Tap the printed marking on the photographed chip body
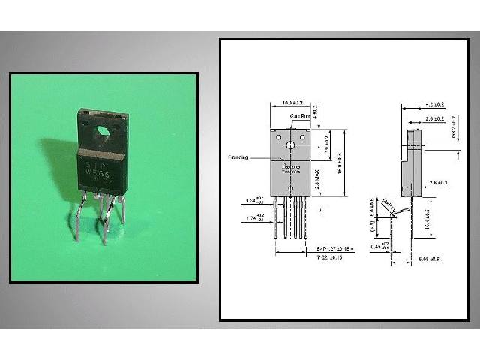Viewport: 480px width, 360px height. click(x=100, y=163)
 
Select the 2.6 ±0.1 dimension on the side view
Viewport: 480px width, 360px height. click(x=439, y=183)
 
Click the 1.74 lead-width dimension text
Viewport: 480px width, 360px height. click(x=253, y=218)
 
